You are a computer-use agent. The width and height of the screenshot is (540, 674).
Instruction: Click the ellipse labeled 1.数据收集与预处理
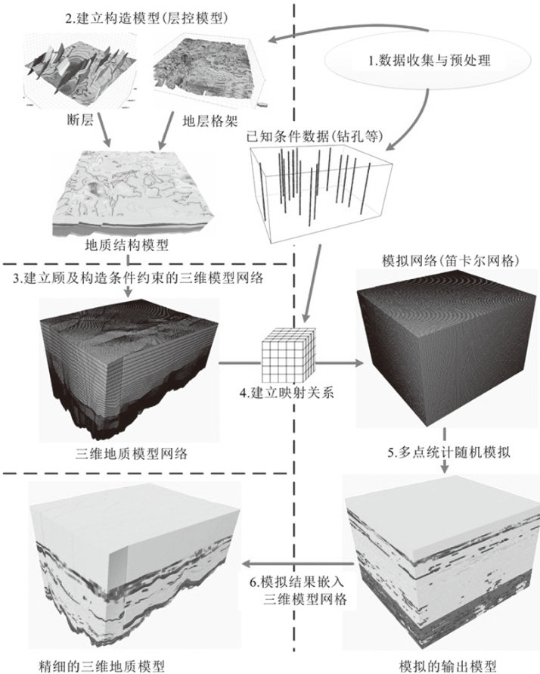point(429,61)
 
